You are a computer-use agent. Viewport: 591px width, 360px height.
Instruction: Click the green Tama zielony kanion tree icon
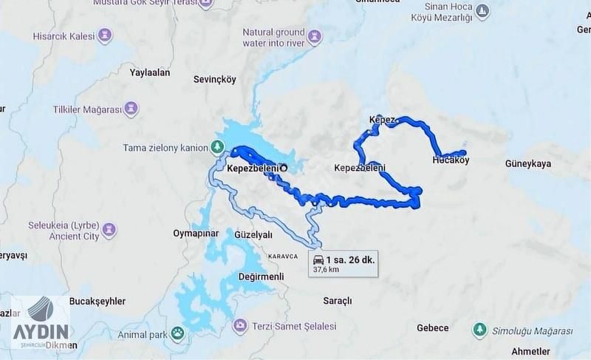coord(217,146)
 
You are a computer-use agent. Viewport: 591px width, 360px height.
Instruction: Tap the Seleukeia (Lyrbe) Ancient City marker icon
coord(110,228)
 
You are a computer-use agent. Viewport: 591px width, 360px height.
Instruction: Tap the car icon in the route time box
coord(318,259)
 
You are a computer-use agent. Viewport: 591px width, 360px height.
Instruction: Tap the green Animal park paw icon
coord(177,333)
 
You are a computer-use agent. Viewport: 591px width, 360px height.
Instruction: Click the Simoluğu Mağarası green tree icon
coord(479,328)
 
